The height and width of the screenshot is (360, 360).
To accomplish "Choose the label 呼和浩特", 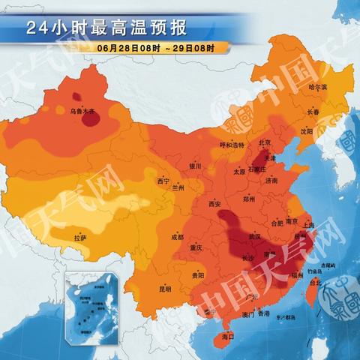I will click(232, 145).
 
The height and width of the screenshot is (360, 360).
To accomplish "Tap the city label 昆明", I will click(164, 289).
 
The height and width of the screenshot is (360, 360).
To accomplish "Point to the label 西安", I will click(215, 204).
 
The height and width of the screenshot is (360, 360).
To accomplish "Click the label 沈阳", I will click(306, 130).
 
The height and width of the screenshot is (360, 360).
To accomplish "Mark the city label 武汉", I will click(254, 236).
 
